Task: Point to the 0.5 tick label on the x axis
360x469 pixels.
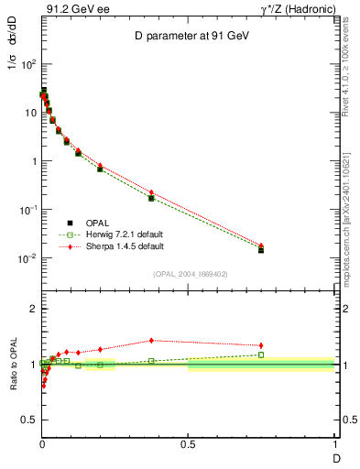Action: pos(188,443)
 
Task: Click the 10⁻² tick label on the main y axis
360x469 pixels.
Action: pos(26,258)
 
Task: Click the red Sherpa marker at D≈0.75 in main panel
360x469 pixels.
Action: pos(261,245)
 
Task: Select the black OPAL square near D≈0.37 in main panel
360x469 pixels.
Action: pos(151,198)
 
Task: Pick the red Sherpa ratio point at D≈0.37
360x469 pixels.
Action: pos(151,340)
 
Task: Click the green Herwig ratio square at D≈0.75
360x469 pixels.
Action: pos(261,354)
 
